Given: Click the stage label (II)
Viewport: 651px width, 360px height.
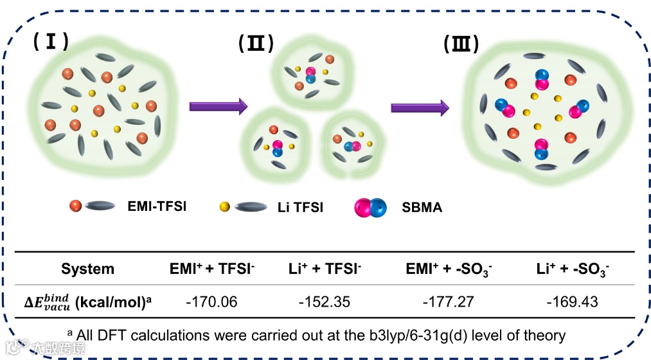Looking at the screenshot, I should click(x=256, y=44).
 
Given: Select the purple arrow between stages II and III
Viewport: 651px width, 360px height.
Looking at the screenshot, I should click(x=420, y=107).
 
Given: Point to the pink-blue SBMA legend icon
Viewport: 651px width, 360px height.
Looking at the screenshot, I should click(x=370, y=207).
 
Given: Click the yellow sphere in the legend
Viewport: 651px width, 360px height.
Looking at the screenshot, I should click(x=224, y=206).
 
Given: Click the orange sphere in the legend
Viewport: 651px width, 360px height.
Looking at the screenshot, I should click(x=76, y=206).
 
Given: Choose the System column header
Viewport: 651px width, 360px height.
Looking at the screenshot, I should click(x=87, y=269).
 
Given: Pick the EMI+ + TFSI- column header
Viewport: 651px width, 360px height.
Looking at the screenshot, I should click(x=211, y=269).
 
